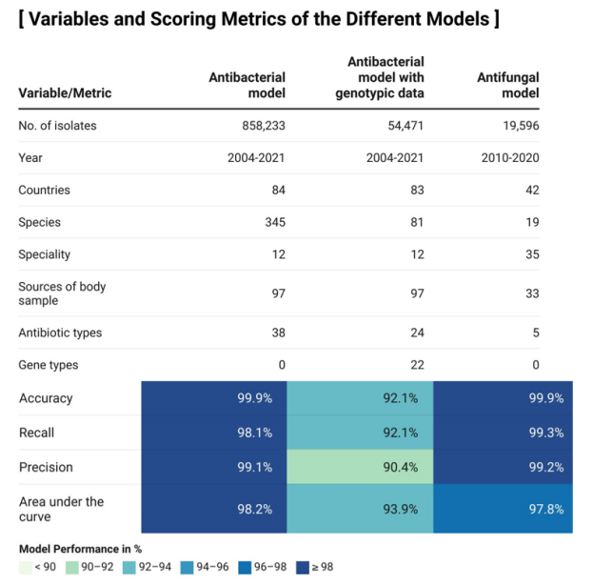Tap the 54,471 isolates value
point(400,125)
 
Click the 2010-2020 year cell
point(509,157)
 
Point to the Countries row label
point(44,190)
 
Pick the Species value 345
point(274,222)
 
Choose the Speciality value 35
point(531,254)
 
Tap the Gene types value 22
point(416,365)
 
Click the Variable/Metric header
point(65,93)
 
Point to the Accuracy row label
point(45,398)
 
